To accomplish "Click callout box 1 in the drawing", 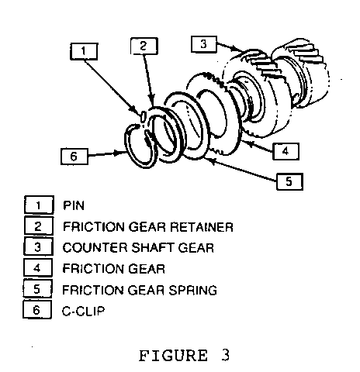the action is (x=84, y=51).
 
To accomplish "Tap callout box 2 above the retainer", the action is (x=144, y=46).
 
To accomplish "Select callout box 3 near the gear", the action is (x=204, y=44).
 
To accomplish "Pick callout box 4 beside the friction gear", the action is (x=286, y=151).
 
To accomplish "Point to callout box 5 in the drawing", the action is (x=289, y=181).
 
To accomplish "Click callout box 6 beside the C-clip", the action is (x=74, y=157).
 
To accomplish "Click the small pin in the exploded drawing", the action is (x=143, y=116).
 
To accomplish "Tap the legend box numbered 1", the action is (x=39, y=205).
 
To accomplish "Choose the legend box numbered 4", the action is (x=38, y=267).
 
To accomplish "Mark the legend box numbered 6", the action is (x=37, y=309).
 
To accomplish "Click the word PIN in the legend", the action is (x=74, y=205).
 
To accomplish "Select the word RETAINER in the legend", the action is (x=202, y=227).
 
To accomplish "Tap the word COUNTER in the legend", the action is (x=95, y=248).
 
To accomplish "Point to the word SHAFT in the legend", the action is (x=154, y=248).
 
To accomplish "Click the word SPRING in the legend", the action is (x=193, y=290).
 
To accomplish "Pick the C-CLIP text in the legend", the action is (x=83, y=311).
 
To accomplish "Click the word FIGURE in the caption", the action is (x=173, y=356).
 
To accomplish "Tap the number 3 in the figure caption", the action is (x=225, y=355).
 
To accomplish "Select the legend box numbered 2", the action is (x=39, y=226).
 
